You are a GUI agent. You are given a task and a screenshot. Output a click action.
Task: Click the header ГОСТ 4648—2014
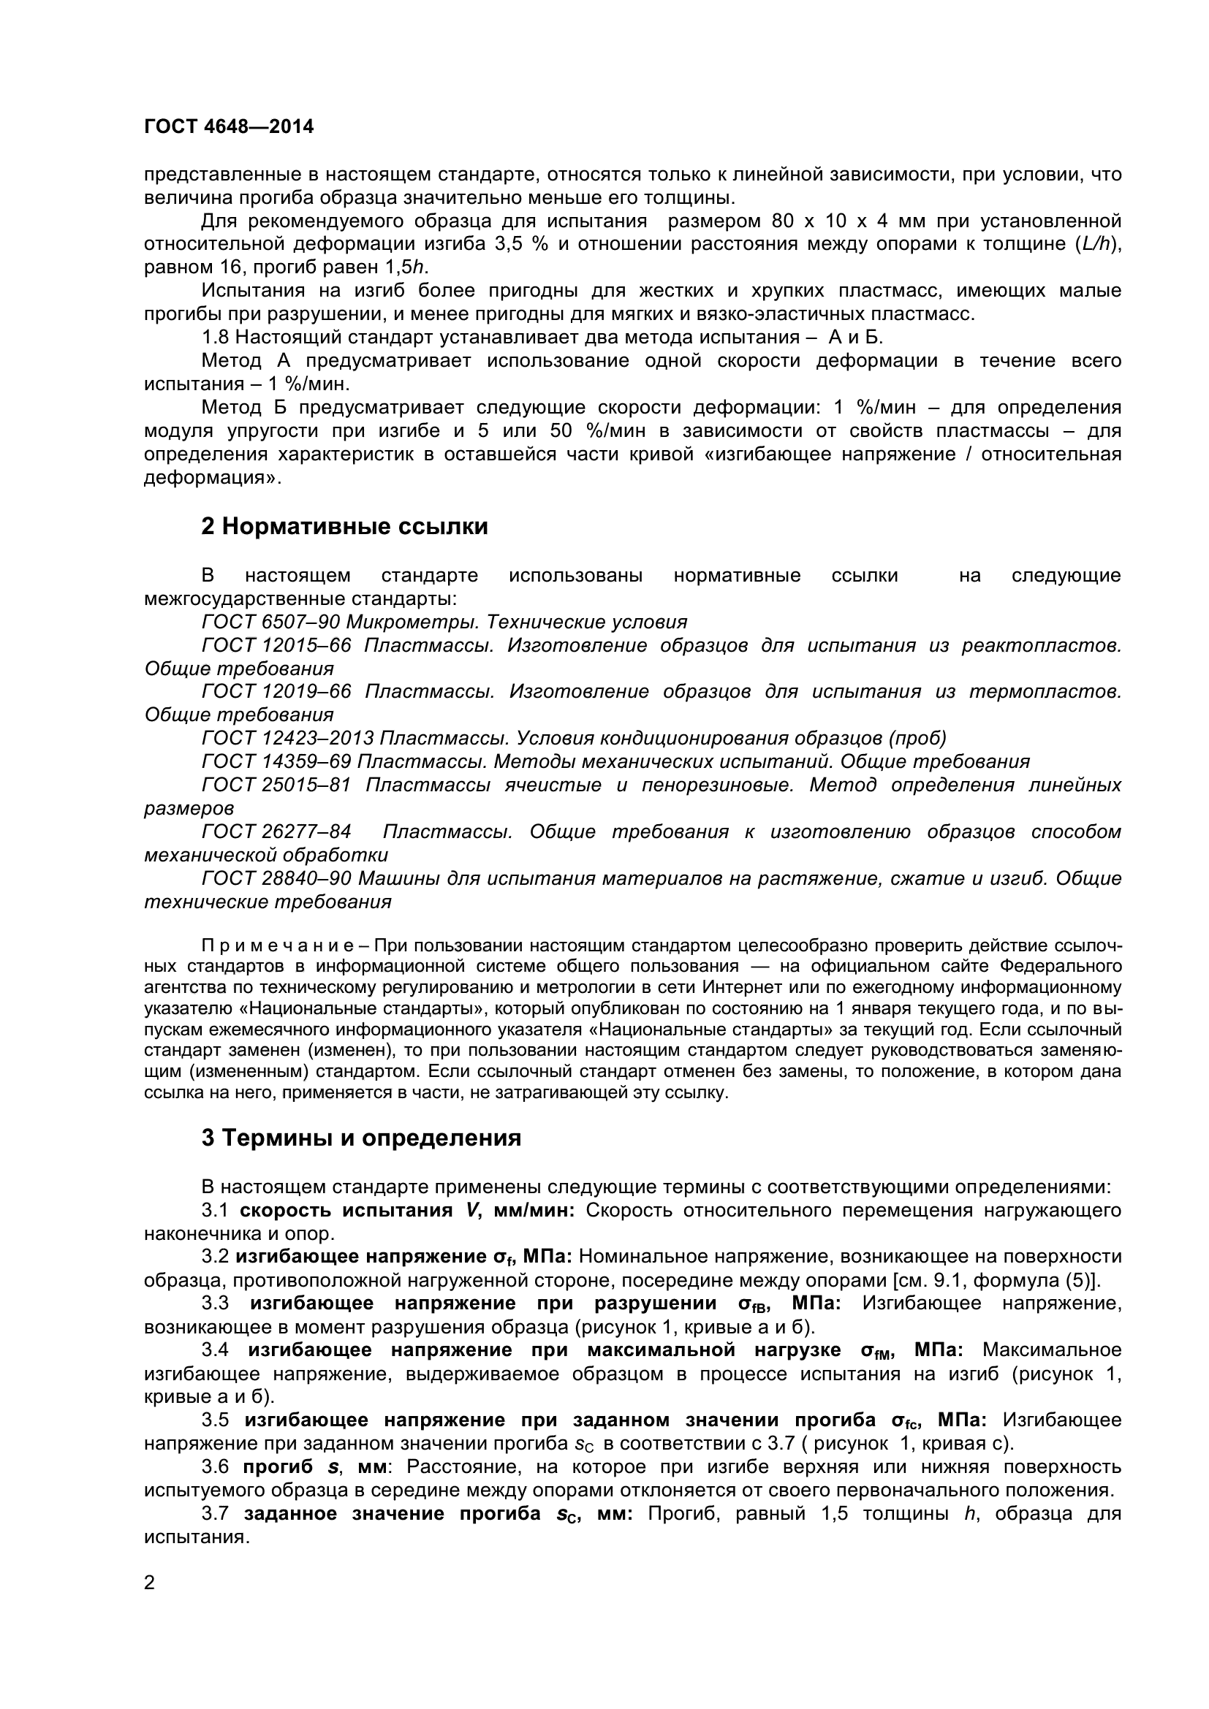pyautogui.click(x=229, y=127)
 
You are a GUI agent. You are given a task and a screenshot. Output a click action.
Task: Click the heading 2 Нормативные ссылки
pyautogui.click(x=345, y=527)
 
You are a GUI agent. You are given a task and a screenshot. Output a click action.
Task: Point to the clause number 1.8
pyautogui.click(x=215, y=337)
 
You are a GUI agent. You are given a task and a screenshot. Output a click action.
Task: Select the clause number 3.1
pyautogui.click(x=215, y=1210)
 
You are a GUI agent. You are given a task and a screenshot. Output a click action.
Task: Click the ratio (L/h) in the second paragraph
pyautogui.click(x=1096, y=244)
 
